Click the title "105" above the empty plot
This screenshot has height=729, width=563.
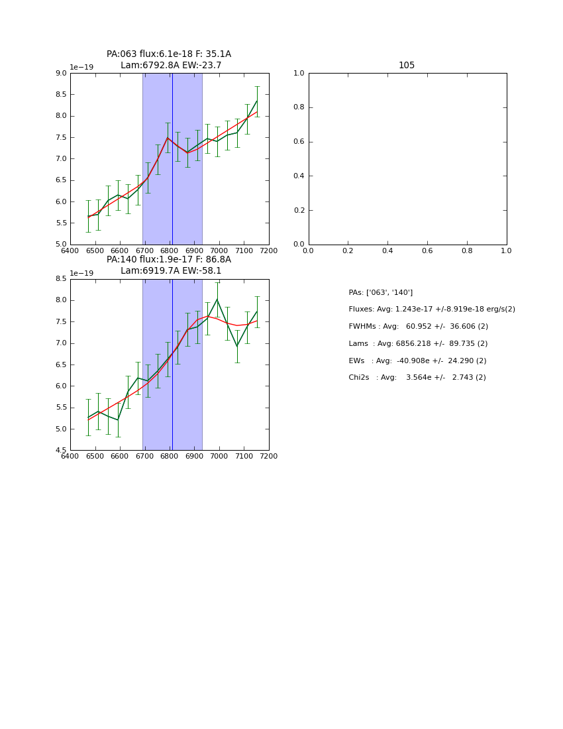(x=407, y=65)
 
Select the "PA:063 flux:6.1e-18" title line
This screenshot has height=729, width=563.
(x=169, y=54)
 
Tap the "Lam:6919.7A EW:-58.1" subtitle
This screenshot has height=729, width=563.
(x=171, y=271)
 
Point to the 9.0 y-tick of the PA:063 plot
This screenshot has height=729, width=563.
(x=60, y=74)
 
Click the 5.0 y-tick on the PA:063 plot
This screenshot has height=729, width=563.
(x=60, y=245)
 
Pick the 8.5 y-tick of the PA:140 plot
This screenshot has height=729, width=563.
(x=60, y=279)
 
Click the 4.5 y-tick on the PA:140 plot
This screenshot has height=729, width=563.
(x=60, y=451)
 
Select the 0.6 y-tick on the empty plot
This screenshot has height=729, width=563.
(x=299, y=142)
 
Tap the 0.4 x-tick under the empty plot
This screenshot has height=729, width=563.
(x=387, y=251)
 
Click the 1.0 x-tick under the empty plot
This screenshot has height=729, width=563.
(x=506, y=251)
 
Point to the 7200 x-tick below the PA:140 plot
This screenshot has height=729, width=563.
(x=269, y=456)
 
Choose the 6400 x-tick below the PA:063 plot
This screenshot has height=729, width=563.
(x=70, y=251)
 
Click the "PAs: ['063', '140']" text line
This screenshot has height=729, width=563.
(x=381, y=292)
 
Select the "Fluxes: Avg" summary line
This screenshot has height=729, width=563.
(x=432, y=309)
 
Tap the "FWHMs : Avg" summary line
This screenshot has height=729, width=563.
(x=419, y=327)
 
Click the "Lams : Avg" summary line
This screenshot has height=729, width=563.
(x=418, y=344)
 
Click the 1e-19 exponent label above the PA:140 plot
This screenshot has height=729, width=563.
(x=81, y=273)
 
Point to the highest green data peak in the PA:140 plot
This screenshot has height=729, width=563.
(x=217, y=300)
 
